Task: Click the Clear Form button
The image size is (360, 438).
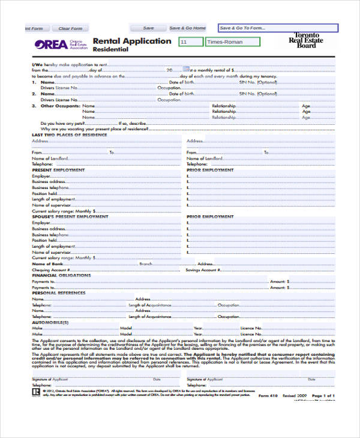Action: coord(70,28)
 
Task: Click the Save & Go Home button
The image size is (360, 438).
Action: coord(187,28)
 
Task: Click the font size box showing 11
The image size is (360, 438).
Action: coord(191,42)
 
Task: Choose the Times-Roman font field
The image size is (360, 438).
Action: coord(233,42)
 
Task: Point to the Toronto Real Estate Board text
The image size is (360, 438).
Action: coord(307,40)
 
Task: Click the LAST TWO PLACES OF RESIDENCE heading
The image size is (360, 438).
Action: coord(69,135)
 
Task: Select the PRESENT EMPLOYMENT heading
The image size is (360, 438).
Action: coord(58,170)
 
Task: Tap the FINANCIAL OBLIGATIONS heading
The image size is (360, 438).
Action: coord(61,275)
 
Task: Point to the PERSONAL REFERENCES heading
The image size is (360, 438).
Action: coord(58,293)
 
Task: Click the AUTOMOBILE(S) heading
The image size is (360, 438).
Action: coord(50,322)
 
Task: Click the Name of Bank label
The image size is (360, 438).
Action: coord(47,264)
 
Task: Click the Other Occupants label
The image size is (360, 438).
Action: coord(60,106)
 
